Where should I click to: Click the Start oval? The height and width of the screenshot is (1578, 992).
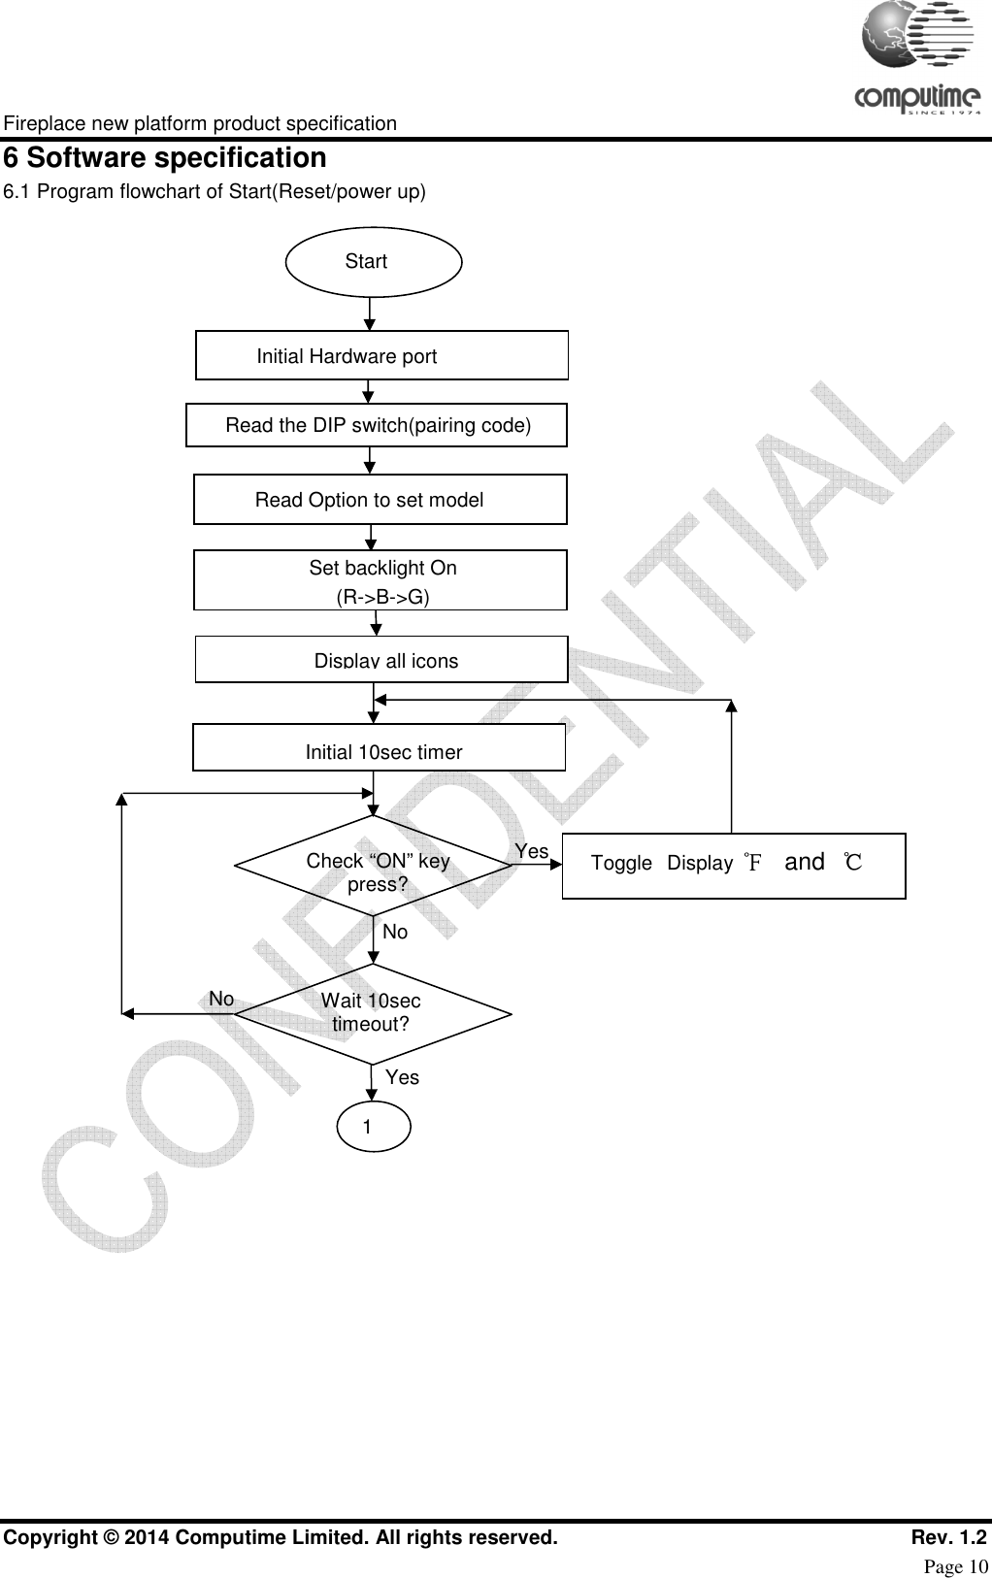click(374, 261)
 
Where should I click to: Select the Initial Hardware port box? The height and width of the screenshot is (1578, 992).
click(381, 355)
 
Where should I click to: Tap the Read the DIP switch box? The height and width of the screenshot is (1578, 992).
click(377, 425)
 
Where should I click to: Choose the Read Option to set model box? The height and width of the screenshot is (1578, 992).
click(380, 500)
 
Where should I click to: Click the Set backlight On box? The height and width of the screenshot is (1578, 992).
click(380, 580)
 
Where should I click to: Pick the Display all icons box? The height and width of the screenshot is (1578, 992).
click(381, 660)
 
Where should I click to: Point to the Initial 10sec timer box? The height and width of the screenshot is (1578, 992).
click(380, 747)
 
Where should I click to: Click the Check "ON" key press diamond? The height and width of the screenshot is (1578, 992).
click(374, 866)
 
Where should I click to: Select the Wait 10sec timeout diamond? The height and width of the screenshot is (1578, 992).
click(374, 1013)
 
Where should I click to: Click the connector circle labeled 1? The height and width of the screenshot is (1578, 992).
click(374, 1126)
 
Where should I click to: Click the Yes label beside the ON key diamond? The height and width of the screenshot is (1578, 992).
click(531, 851)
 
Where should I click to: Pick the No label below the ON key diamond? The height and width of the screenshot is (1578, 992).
click(395, 932)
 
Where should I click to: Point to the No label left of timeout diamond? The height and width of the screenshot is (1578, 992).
click(221, 999)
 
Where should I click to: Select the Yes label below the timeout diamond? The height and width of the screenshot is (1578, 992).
click(402, 1077)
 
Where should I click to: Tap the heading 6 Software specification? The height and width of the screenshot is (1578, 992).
click(165, 158)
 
